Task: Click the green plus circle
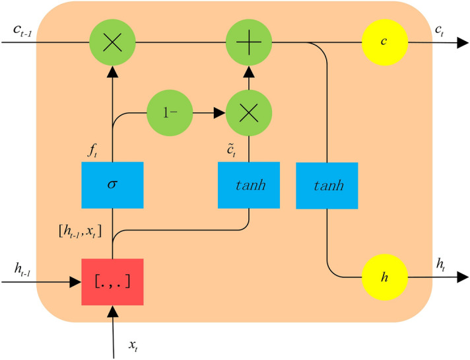[248, 43]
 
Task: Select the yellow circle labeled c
[384, 43]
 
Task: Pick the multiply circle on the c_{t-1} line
[112, 43]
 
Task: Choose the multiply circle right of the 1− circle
[248, 113]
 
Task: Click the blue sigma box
[112, 184]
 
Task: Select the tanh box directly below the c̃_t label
[250, 184]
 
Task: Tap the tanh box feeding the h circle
[327, 186]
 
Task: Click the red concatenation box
[112, 282]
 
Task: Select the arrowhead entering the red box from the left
[75, 282]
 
